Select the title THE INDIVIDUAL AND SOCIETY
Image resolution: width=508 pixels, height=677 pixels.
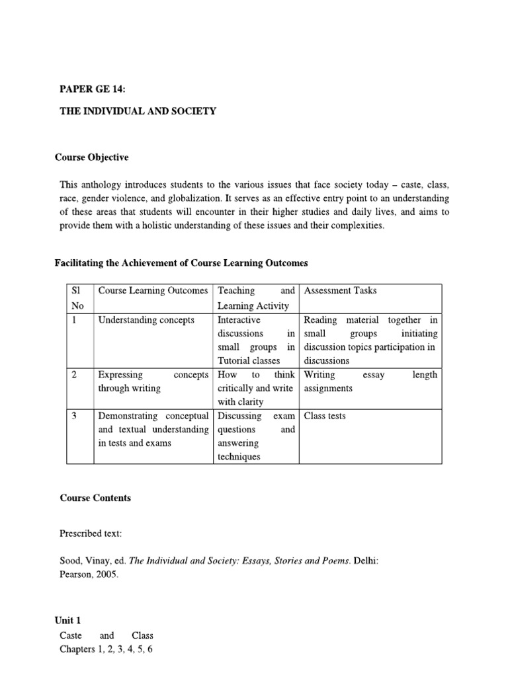coord(138,111)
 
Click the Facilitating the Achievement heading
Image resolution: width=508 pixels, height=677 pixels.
coord(181,263)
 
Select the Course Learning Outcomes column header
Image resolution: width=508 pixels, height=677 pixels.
coord(153,291)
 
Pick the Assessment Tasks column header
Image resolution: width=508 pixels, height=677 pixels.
coord(340,291)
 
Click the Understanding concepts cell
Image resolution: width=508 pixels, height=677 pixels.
coord(146,320)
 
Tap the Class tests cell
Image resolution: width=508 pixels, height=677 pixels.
coord(324,416)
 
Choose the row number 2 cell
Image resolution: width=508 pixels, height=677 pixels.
coord(75,375)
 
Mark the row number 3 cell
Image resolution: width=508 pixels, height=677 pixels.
coord(75,416)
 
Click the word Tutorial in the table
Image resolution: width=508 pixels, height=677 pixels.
coord(234,361)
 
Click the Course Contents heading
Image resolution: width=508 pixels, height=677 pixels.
coord(95,498)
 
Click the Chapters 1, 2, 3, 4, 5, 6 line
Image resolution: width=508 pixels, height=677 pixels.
coord(106,649)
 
